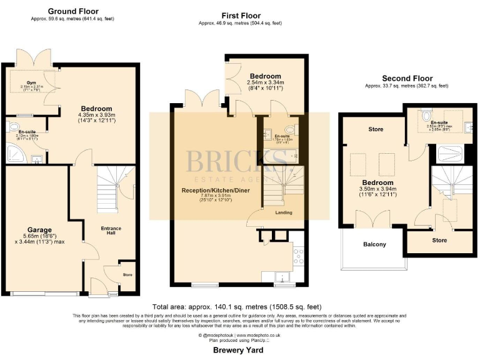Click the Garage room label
click(39, 229)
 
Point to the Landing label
click(284, 212)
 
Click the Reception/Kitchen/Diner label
click(216, 189)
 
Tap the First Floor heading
click(241, 16)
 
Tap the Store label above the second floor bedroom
click(376, 129)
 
